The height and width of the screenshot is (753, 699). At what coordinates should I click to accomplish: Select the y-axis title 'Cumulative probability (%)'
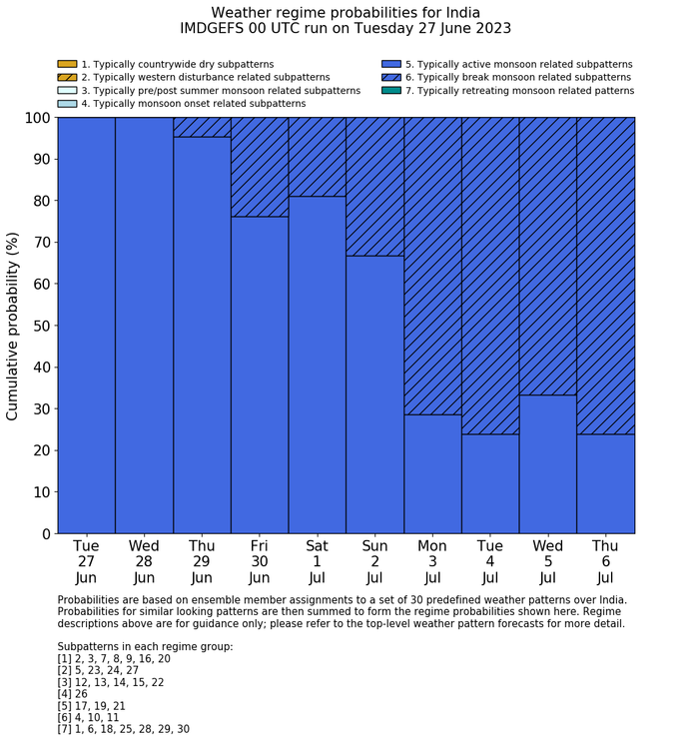click(x=13, y=326)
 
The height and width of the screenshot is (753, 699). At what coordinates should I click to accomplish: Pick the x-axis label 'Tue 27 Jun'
click(x=86, y=561)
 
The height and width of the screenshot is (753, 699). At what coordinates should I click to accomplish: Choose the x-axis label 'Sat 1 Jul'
click(x=317, y=561)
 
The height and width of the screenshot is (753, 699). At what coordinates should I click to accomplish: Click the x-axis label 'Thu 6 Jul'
click(x=605, y=561)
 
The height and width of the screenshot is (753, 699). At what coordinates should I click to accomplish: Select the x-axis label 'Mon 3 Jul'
click(x=432, y=561)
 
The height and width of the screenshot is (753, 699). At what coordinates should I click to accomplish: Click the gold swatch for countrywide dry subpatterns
click(x=67, y=64)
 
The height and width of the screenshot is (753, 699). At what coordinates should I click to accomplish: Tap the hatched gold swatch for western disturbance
click(x=67, y=77)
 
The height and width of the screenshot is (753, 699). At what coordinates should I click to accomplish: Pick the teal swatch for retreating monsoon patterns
click(x=391, y=90)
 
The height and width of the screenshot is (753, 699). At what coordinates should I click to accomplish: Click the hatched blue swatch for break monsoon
click(x=391, y=77)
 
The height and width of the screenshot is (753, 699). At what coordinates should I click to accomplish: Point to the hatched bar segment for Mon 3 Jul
click(x=432, y=265)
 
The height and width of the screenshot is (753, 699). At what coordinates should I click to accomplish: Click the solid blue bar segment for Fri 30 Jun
click(x=260, y=375)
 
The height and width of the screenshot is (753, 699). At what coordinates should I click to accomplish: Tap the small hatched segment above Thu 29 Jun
click(x=202, y=127)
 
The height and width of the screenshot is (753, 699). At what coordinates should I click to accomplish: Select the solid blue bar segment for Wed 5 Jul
click(x=547, y=464)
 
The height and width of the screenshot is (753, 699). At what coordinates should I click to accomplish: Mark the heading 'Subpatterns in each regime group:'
click(x=145, y=646)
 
